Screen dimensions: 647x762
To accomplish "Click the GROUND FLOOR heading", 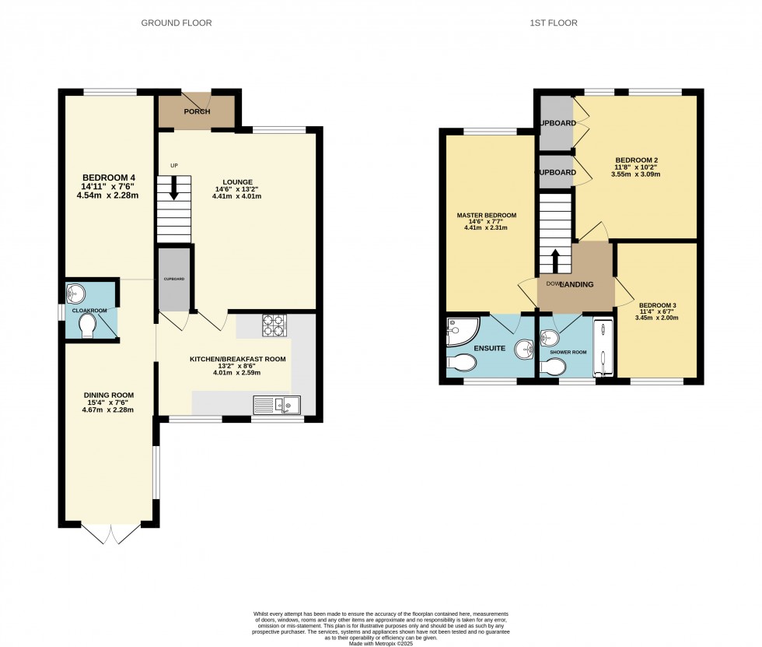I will [x=176, y=23].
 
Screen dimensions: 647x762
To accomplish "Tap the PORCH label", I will [x=197, y=111].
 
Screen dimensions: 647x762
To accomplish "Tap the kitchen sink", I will [x=277, y=405].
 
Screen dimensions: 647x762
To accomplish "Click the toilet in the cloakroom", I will [x=88, y=326].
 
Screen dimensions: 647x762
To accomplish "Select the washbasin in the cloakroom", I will [x=76, y=293].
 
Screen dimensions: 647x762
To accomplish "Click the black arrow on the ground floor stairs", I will [x=173, y=188].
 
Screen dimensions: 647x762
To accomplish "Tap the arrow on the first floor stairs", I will [x=555, y=260].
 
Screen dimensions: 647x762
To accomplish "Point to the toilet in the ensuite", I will [x=463, y=364].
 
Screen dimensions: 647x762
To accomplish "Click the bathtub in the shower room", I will [x=603, y=348].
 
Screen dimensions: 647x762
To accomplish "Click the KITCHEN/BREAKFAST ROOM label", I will [x=238, y=360].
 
